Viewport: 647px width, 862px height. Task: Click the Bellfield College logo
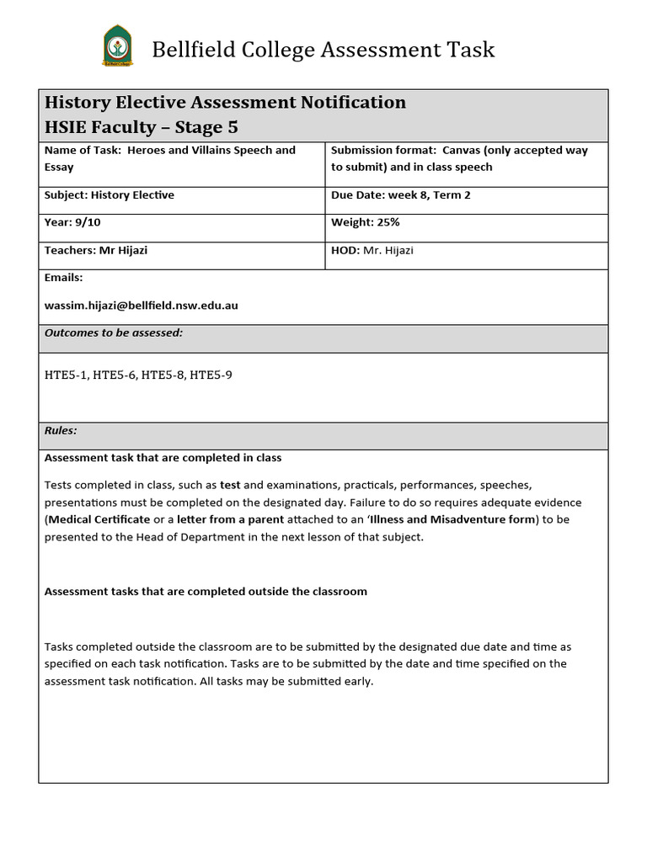point(117,46)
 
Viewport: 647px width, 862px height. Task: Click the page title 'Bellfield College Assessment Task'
point(323,50)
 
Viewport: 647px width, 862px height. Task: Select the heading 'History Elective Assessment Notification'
point(225,103)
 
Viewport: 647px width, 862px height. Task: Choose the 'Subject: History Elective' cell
point(110,195)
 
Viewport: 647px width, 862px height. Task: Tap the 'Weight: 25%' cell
point(366,222)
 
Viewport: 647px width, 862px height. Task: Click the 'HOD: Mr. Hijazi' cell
point(372,251)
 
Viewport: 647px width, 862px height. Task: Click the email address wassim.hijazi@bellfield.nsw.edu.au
point(142,306)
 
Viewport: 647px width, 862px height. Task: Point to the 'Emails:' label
point(63,278)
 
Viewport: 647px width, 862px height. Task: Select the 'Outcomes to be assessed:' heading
point(113,333)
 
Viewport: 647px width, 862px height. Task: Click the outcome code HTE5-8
point(163,375)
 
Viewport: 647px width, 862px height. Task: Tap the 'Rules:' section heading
point(61,431)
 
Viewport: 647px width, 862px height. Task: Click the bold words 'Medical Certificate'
point(99,519)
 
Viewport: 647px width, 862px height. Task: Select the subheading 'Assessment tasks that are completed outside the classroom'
point(206,592)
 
